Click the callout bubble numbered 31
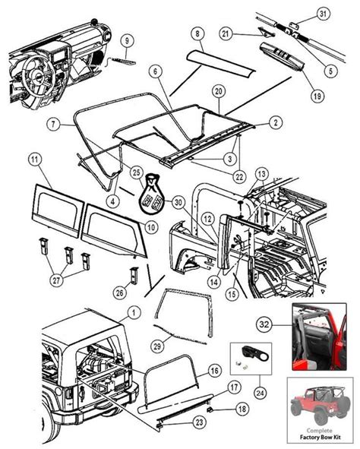[x=323, y=14]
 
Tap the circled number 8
[x=197, y=33]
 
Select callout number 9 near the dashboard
[x=127, y=41]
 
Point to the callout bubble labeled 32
[x=264, y=324]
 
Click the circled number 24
[x=261, y=393]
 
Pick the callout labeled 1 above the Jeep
[x=134, y=312]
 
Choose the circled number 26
[x=120, y=292]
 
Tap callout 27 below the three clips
[x=56, y=280]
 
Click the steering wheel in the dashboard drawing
[x=37, y=75]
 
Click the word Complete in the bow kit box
[x=319, y=431]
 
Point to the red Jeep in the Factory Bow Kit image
[x=320, y=403]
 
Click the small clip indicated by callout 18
[x=210, y=410]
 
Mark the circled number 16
[x=215, y=371]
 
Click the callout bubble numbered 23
[x=199, y=422]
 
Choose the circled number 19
[x=317, y=96]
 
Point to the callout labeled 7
[x=54, y=124]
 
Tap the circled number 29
[x=157, y=346]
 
